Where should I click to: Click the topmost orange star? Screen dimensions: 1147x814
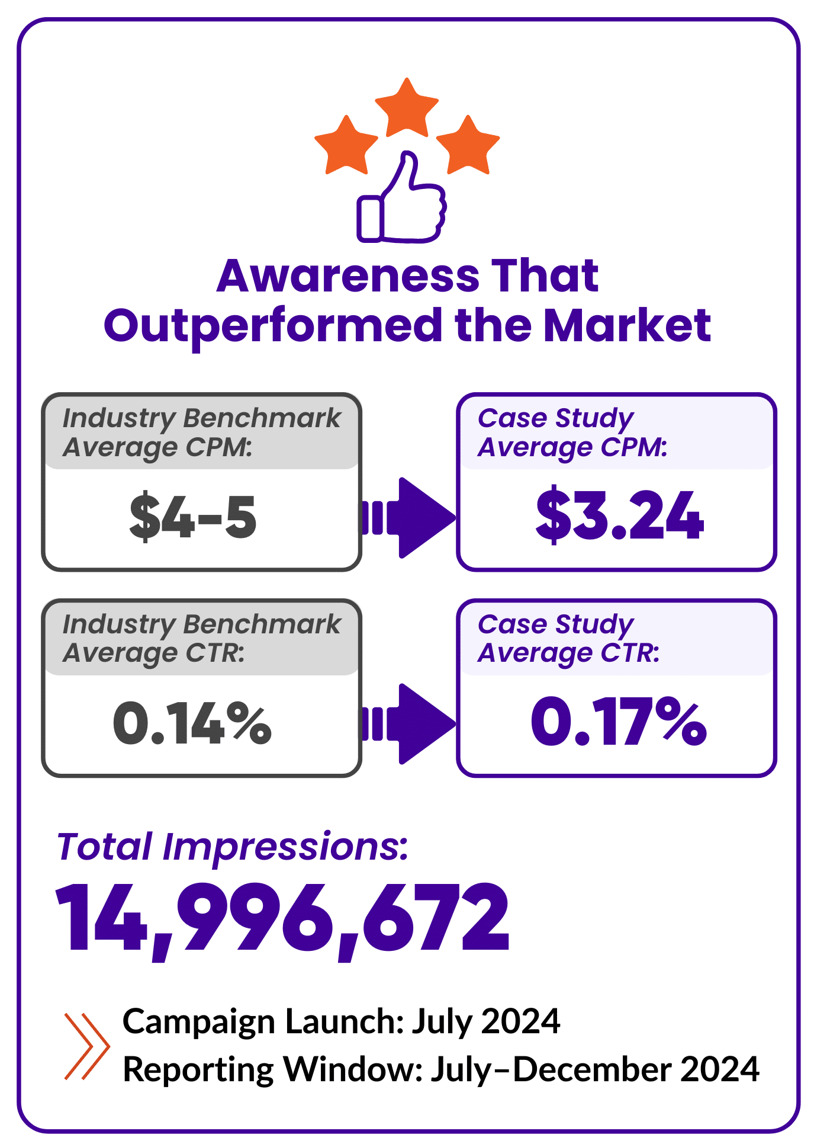(x=407, y=108)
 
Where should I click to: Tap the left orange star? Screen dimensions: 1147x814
(x=346, y=146)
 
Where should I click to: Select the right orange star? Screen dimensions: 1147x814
(x=468, y=146)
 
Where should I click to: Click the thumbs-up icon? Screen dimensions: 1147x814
(x=402, y=201)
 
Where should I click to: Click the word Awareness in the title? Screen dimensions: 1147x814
(x=348, y=276)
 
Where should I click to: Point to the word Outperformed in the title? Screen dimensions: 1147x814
(x=272, y=326)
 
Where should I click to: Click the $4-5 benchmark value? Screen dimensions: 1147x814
(x=193, y=517)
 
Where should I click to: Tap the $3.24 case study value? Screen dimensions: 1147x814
(x=619, y=515)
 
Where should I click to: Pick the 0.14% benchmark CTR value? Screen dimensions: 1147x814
(x=192, y=723)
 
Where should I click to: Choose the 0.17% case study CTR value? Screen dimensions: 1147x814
(x=619, y=722)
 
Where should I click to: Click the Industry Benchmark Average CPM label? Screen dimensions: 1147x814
(x=201, y=432)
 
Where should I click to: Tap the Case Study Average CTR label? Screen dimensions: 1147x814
(x=568, y=639)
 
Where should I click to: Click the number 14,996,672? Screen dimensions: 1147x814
(x=282, y=918)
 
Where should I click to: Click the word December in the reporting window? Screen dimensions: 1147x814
(x=592, y=1069)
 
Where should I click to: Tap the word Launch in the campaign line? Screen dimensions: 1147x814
(x=340, y=1022)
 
